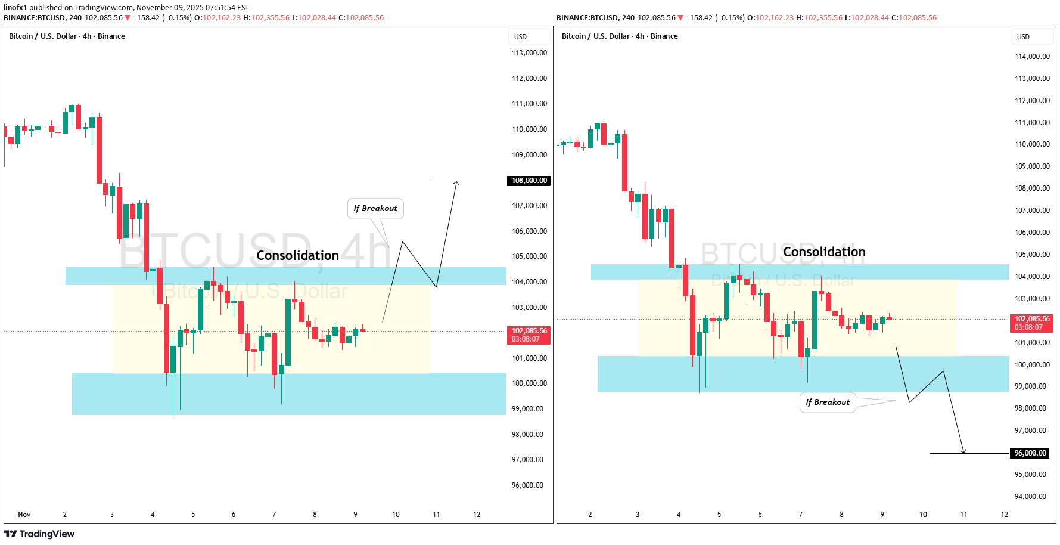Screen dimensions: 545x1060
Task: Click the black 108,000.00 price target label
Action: pos(529,181)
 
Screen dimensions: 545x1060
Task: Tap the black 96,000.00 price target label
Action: pos(1030,453)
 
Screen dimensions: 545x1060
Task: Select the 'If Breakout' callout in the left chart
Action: pos(375,209)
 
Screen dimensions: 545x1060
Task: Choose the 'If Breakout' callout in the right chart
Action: pos(828,402)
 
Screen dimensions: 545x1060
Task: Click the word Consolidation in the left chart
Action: pos(297,255)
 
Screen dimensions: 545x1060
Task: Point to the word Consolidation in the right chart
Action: pos(824,252)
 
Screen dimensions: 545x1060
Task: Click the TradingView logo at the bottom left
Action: pos(39,534)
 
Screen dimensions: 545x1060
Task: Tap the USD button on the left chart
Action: pos(521,37)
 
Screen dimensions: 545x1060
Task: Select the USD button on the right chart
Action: pos(1023,37)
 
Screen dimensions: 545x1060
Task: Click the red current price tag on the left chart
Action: pos(529,335)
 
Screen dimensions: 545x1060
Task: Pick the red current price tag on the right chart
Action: pos(1032,323)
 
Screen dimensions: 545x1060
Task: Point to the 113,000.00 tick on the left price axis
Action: pos(529,53)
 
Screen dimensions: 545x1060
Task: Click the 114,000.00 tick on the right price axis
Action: pos(1032,57)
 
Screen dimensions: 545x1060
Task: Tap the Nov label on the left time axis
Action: pos(24,515)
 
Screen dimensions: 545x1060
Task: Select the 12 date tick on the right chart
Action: pos(1005,515)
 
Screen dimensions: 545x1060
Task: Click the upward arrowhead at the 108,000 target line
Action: pos(456,183)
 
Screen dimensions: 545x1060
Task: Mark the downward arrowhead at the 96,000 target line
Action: pos(963,451)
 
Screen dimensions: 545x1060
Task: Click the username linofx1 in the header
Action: pos(15,8)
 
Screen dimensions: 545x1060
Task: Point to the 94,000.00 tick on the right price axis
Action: pos(1031,497)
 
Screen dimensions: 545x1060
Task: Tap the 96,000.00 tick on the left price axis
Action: pos(527,485)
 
